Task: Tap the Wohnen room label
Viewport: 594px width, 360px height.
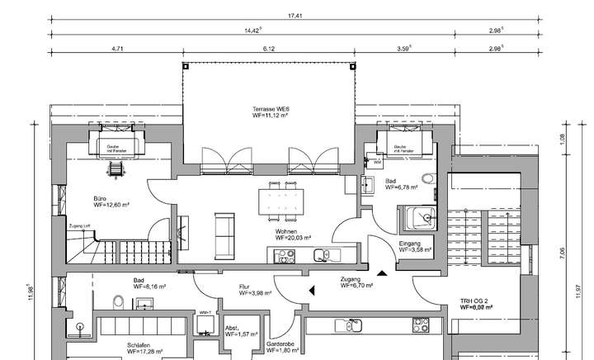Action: (x=286, y=232)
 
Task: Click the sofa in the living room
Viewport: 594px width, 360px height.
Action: (x=224, y=234)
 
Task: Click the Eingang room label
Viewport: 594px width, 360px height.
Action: (x=410, y=244)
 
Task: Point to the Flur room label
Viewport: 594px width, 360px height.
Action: (x=244, y=286)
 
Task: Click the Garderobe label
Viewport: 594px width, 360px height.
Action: (x=280, y=343)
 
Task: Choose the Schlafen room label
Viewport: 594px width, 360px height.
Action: (x=139, y=345)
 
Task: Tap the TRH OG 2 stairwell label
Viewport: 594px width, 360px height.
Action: (x=476, y=301)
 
